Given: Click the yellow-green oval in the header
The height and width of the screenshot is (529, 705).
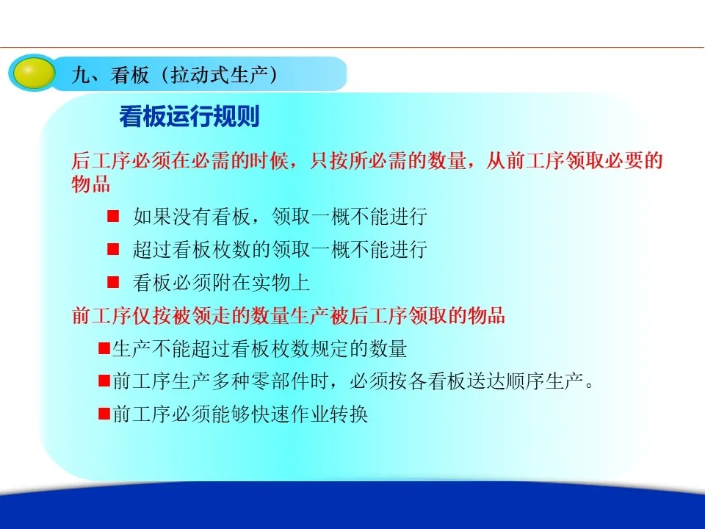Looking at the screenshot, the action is (x=32, y=73).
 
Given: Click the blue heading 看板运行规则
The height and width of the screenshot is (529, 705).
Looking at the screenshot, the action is (x=189, y=117).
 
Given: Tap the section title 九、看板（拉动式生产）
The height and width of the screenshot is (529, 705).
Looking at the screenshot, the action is (x=174, y=75).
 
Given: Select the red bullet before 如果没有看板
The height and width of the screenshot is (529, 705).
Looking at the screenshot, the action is (x=113, y=216).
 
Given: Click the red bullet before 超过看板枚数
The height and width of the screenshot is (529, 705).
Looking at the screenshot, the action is (x=113, y=249).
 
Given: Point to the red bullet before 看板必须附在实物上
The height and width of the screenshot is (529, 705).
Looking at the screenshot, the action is (x=113, y=282).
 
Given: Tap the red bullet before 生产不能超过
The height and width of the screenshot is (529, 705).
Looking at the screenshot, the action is (x=104, y=348).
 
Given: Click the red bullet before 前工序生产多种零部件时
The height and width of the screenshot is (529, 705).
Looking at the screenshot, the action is (x=104, y=381).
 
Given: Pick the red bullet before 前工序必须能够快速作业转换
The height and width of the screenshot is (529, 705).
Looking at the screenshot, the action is (x=104, y=414).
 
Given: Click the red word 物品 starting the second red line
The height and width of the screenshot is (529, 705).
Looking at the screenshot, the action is (x=91, y=184).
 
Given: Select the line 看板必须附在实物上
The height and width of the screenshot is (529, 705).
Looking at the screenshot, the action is (x=221, y=282).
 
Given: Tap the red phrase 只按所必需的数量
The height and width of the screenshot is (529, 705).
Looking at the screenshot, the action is (x=388, y=161).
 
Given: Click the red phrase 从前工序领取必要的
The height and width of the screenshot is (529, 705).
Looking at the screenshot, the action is (x=574, y=161).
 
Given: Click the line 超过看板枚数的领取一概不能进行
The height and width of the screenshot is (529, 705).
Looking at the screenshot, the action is (x=280, y=249).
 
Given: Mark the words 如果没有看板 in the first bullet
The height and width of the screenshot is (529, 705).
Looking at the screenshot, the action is (x=192, y=216).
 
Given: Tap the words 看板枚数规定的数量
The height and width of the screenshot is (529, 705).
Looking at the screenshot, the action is (x=329, y=348).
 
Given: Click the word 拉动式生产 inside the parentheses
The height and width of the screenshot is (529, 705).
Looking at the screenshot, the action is (x=220, y=75).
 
